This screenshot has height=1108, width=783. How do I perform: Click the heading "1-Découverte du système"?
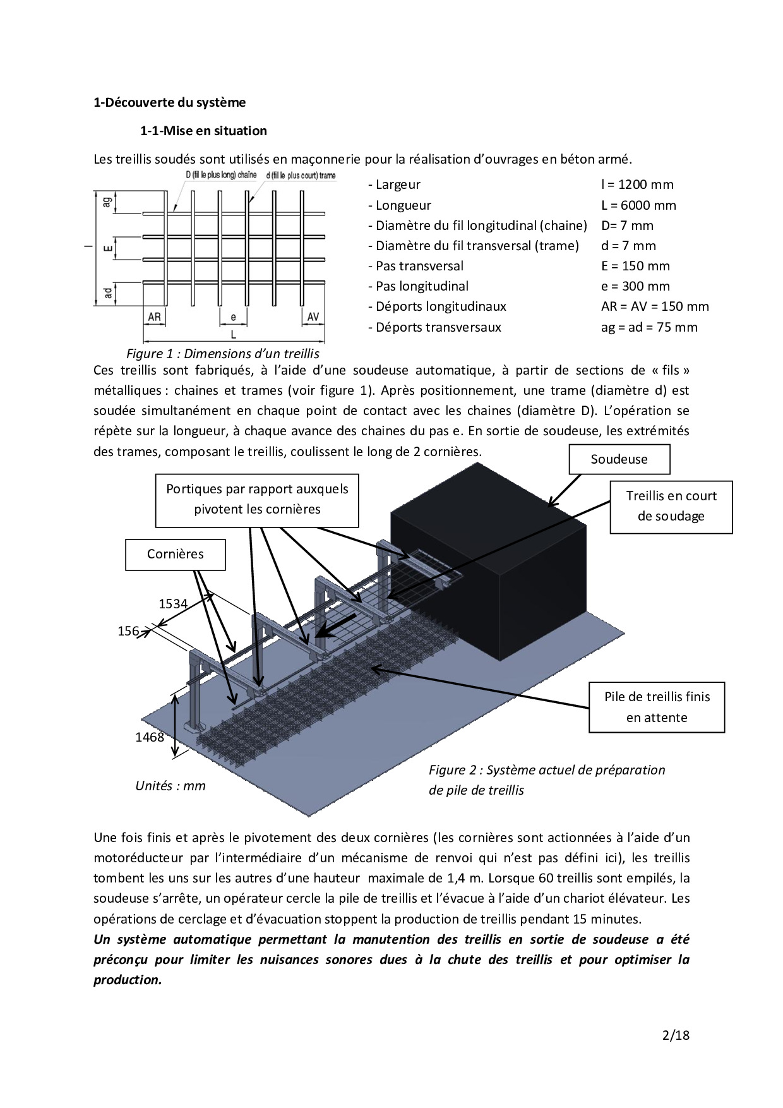click(169, 102)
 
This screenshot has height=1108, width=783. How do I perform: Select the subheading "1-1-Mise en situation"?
click(203, 131)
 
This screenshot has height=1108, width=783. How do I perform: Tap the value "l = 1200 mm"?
click(637, 184)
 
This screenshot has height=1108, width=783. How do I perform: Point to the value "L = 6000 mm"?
click(638, 205)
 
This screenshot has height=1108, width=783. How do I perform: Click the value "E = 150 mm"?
click(635, 266)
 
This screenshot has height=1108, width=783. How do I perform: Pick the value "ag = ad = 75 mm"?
click(649, 327)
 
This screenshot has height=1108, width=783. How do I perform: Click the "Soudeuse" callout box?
click(619, 459)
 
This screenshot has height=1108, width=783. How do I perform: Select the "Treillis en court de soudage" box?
click(671, 506)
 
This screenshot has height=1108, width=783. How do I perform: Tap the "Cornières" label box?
click(175, 554)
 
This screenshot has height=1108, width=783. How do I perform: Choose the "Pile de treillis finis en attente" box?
click(657, 707)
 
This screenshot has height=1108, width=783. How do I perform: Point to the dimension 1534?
click(173, 604)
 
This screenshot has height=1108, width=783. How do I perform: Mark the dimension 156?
click(128, 631)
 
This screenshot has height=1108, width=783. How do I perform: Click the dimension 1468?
click(150, 737)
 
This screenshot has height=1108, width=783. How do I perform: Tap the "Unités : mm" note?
click(170, 786)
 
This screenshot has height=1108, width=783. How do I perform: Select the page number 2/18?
click(676, 1035)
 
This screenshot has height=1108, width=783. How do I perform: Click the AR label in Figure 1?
click(154, 317)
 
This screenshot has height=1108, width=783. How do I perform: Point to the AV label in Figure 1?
click(313, 317)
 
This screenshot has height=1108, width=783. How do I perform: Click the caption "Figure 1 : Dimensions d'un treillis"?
click(223, 354)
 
